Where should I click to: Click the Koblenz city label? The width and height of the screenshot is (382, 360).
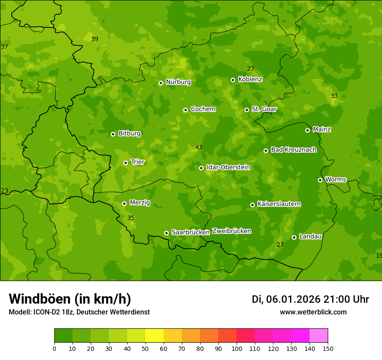click(x=250, y=79)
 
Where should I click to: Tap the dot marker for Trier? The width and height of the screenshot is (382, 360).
click(x=126, y=163)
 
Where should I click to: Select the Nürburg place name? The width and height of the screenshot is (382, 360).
click(x=178, y=82)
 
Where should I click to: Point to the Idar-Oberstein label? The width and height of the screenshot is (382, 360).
click(x=228, y=167)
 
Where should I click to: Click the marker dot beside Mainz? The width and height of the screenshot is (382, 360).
click(x=307, y=130)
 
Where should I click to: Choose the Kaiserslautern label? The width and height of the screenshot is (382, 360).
click(x=279, y=204)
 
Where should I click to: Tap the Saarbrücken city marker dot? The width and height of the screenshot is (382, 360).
click(x=166, y=233)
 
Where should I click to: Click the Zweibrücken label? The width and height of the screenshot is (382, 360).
click(x=231, y=231)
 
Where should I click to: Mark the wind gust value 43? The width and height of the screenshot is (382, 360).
click(x=199, y=147)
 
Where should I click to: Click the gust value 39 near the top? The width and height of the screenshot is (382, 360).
click(x=95, y=39)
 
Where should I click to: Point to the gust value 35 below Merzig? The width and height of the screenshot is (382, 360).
click(x=131, y=218)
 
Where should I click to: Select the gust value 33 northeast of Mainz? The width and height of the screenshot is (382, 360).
click(x=334, y=96)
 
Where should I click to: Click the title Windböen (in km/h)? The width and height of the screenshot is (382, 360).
click(x=70, y=299)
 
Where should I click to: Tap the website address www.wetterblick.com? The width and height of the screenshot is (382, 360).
click(x=313, y=312)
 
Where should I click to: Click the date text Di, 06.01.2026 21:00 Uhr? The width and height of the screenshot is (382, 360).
click(x=310, y=299)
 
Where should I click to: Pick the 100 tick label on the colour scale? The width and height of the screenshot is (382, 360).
click(x=237, y=348)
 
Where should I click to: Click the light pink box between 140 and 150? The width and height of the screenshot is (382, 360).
click(x=319, y=336)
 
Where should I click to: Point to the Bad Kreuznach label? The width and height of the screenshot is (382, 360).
click(x=293, y=150)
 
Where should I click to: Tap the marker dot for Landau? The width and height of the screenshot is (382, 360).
click(x=294, y=237)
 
